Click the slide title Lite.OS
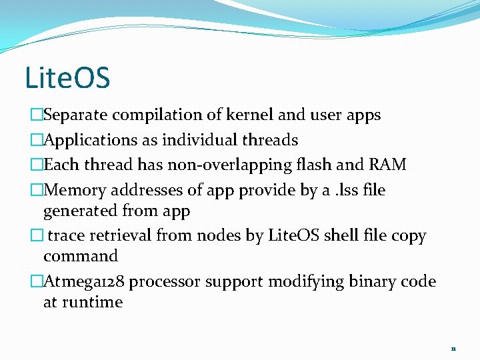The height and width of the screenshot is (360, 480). tap(67, 77)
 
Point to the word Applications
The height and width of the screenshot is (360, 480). tap(90, 140)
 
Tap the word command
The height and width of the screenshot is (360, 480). tap(81, 257)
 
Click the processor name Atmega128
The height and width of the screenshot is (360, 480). tap(84, 281)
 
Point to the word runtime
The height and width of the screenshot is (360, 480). tap(93, 303)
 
